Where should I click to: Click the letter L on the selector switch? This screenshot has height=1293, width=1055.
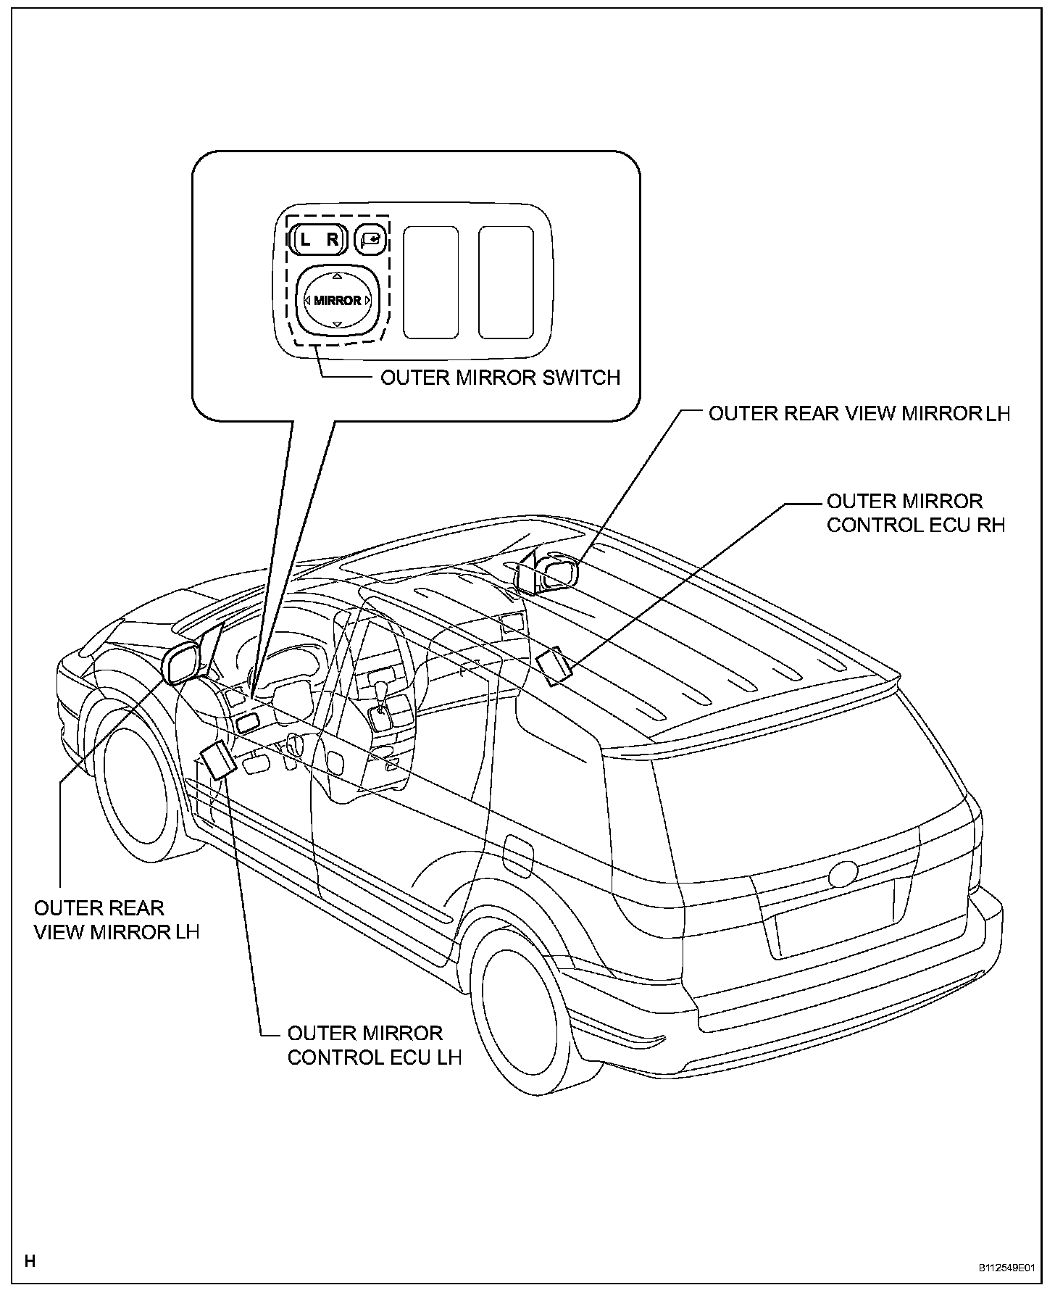pyautogui.click(x=305, y=240)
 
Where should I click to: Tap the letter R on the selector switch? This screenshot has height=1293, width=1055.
pyautogui.click(x=333, y=240)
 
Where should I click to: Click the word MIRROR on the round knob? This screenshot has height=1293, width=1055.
pyautogui.click(x=337, y=300)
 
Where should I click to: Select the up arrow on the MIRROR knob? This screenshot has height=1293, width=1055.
pyautogui.click(x=337, y=276)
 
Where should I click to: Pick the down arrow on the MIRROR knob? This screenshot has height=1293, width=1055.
pyautogui.click(x=337, y=324)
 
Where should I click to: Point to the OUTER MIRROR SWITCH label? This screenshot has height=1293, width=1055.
pyautogui.click(x=500, y=378)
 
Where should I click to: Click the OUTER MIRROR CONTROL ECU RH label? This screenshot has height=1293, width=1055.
pyautogui.click(x=916, y=513)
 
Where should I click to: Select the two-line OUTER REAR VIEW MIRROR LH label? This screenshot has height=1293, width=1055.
pyautogui.click(x=116, y=920)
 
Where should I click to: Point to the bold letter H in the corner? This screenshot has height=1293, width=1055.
pyautogui.click(x=30, y=1261)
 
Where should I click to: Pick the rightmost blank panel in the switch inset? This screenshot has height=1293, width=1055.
pyautogui.click(x=506, y=282)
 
